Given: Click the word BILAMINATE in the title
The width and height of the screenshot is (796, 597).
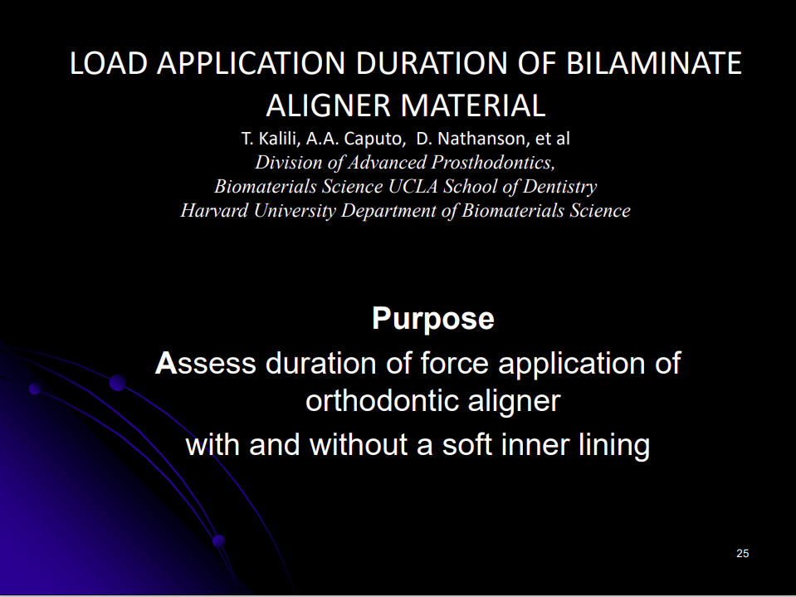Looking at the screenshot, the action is click(654, 63).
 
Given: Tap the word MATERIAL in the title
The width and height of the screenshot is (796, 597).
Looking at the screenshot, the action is click(473, 105).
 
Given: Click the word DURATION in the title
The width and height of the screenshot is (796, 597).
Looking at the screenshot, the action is click(432, 63).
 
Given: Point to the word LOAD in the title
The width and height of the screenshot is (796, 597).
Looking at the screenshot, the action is click(109, 63).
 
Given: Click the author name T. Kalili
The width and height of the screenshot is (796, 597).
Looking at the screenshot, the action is click(270, 139).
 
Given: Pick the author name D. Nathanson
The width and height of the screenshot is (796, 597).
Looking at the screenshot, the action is click(472, 139).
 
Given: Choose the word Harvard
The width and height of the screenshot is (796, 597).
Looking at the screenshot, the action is click(214, 210).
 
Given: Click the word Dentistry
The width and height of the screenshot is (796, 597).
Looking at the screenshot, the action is click(559, 187).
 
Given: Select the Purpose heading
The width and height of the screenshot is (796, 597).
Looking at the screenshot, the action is click(433, 319).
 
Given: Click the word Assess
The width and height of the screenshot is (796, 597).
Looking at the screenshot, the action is click(206, 364).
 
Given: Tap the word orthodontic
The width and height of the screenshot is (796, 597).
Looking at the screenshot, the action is click(383, 401).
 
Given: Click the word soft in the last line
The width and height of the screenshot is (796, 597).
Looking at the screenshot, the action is click(466, 445).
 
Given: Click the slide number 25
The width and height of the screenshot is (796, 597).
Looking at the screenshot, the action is click(743, 553).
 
